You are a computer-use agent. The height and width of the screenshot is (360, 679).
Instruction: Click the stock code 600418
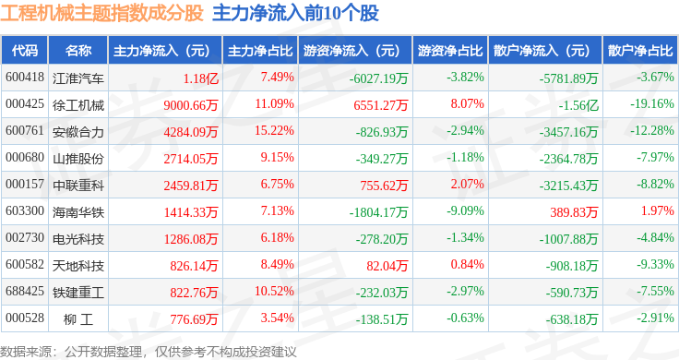(25, 78)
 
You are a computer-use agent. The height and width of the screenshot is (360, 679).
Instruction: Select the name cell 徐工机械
(77, 105)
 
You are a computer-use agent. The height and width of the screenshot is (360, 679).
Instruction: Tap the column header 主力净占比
(260, 51)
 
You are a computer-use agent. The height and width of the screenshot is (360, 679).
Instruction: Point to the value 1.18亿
(200, 78)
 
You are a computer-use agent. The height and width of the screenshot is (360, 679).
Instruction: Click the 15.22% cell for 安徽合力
(274, 131)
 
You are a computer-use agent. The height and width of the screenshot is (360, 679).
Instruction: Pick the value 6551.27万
(381, 105)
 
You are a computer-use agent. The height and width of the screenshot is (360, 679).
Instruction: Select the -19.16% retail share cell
(651, 104)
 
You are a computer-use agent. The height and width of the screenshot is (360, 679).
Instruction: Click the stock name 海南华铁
(77, 211)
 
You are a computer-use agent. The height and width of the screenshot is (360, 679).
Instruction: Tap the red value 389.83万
(574, 212)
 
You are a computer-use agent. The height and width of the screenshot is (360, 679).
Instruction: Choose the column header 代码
(25, 51)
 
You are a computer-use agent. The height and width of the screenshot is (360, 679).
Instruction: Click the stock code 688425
(25, 291)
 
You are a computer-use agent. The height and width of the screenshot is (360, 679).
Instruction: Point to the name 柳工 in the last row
(77, 319)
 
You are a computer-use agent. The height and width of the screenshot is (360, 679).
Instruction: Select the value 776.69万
(194, 319)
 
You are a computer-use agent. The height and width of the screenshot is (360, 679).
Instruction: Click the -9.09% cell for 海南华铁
(465, 211)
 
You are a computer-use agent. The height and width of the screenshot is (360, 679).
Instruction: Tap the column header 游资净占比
(450, 51)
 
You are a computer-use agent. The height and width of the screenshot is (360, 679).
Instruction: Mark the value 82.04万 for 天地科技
(387, 266)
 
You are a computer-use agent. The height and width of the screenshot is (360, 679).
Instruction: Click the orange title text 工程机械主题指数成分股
(101, 13)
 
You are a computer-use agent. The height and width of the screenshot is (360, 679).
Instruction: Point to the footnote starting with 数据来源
(149, 352)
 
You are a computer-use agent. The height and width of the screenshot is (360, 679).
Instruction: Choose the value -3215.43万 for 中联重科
(568, 186)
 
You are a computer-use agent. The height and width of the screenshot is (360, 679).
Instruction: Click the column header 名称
(77, 51)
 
